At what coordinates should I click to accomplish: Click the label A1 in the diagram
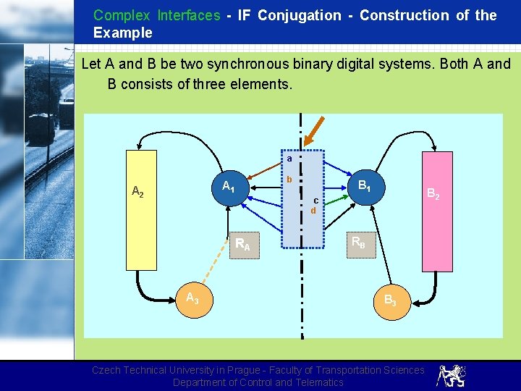tap(227, 186)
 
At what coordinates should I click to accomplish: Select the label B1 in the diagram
tap(365, 186)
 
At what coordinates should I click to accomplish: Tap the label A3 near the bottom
tap(192, 298)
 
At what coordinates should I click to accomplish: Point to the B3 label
tap(389, 300)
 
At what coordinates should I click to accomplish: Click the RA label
tap(242, 245)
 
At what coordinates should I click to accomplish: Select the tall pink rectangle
tap(438, 210)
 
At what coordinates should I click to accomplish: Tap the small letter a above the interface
tap(289, 158)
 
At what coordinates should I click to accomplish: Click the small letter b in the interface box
tap(289, 180)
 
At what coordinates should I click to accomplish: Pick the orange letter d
tap(313, 211)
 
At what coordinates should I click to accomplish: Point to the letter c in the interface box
tap(316, 201)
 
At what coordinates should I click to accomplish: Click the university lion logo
tap(451, 375)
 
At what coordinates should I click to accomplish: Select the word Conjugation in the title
tap(299, 15)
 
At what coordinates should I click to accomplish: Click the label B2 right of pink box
tap(432, 193)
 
